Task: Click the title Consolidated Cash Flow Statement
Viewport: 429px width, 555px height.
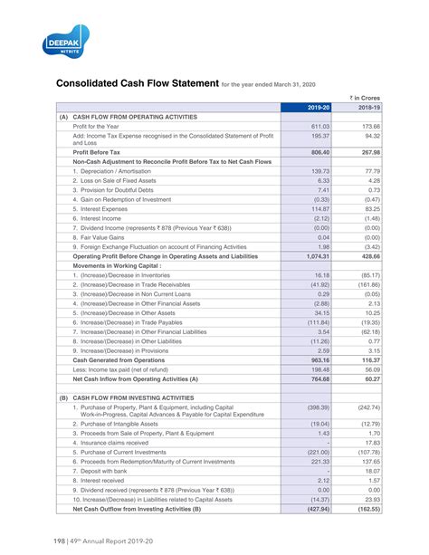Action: [138, 85]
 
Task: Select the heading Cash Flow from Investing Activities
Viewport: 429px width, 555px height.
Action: [136, 397]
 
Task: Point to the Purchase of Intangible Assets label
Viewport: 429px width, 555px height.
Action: [128, 425]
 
